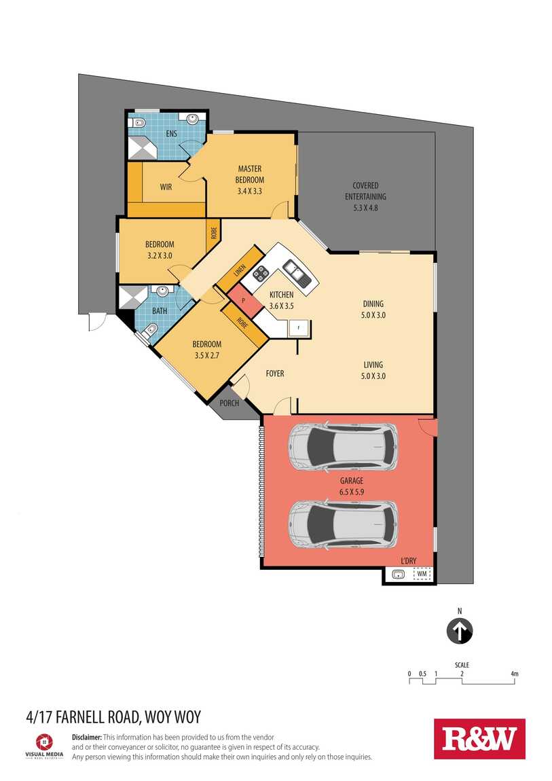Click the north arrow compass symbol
(x=459, y=631)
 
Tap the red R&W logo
(x=479, y=739)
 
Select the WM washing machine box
(x=422, y=574)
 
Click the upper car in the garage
(x=343, y=448)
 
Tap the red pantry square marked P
(x=244, y=301)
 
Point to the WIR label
(x=166, y=187)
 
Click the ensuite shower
(x=141, y=147)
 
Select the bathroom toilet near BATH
(x=149, y=330)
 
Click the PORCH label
(x=229, y=403)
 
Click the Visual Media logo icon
(x=44, y=742)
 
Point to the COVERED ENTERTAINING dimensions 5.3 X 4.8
(x=365, y=208)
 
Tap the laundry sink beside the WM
(x=397, y=575)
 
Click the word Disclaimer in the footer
(x=87, y=737)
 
